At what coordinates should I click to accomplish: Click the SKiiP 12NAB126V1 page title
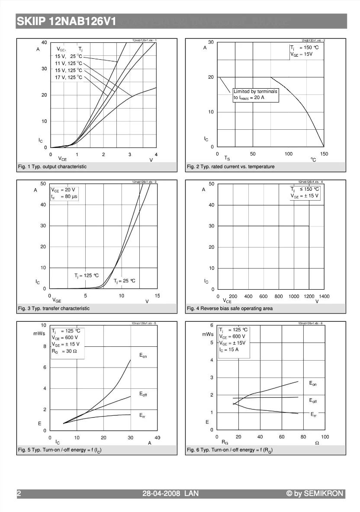click(66, 22)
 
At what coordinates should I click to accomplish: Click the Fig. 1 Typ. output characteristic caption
click(52, 166)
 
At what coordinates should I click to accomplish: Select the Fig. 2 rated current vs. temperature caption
click(231, 166)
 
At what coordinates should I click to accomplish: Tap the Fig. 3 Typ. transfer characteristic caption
click(54, 308)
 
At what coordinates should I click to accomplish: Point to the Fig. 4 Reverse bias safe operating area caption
click(230, 308)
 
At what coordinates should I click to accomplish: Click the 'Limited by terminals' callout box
click(255, 95)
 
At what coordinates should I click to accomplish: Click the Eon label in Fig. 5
click(143, 356)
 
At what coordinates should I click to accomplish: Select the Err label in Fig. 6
click(314, 415)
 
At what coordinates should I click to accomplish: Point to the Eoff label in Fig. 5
click(143, 394)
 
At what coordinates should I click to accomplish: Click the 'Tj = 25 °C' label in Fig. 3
click(125, 281)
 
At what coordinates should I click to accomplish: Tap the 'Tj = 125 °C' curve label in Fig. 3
click(87, 275)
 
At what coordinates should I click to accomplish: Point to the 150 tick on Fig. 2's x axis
click(324, 154)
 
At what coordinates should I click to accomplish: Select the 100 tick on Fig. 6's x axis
click(325, 437)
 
